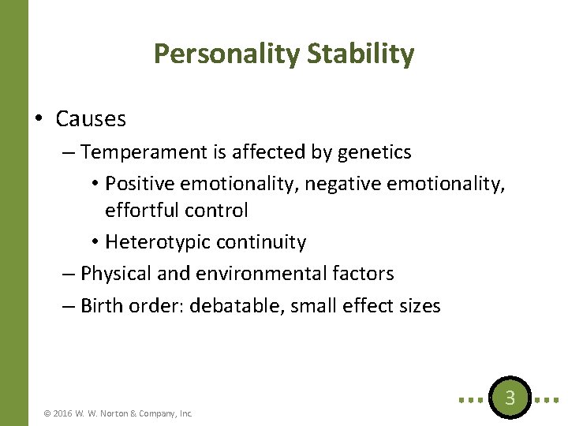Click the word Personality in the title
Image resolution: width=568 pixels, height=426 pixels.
coord(226,54)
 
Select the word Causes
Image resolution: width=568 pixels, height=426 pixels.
coord(91,119)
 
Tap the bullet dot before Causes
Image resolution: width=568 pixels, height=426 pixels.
coord(38,119)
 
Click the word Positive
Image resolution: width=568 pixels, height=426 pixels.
coord(140,183)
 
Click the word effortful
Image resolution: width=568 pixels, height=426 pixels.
coord(141,211)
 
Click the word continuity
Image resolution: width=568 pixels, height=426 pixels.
coord(260,242)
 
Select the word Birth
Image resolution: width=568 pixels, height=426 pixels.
coord(103,305)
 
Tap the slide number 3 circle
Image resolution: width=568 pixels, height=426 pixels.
coord(510,398)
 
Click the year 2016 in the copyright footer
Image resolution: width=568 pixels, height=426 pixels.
coord(63,413)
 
